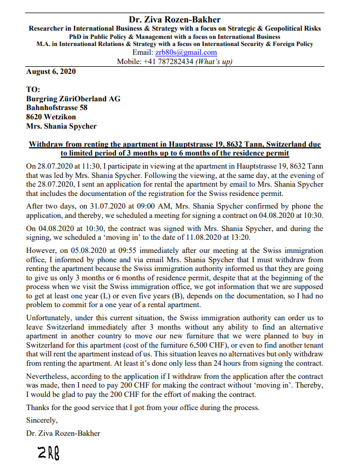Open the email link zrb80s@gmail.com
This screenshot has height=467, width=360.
click(185, 53)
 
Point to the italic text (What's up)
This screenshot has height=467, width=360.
click(213, 61)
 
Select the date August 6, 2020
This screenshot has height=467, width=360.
click(51, 71)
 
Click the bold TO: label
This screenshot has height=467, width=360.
click(34, 90)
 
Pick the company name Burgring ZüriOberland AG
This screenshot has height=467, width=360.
click(73, 99)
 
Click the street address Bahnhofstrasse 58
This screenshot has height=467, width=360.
click(57, 108)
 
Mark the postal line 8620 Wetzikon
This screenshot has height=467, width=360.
click(51, 117)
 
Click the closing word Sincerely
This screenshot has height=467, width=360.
click(42, 421)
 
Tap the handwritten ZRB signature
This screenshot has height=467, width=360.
click(48, 453)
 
